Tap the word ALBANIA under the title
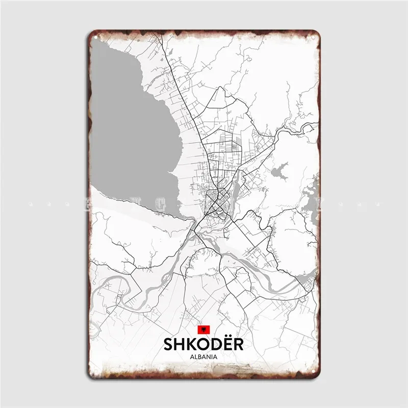click(204, 357)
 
